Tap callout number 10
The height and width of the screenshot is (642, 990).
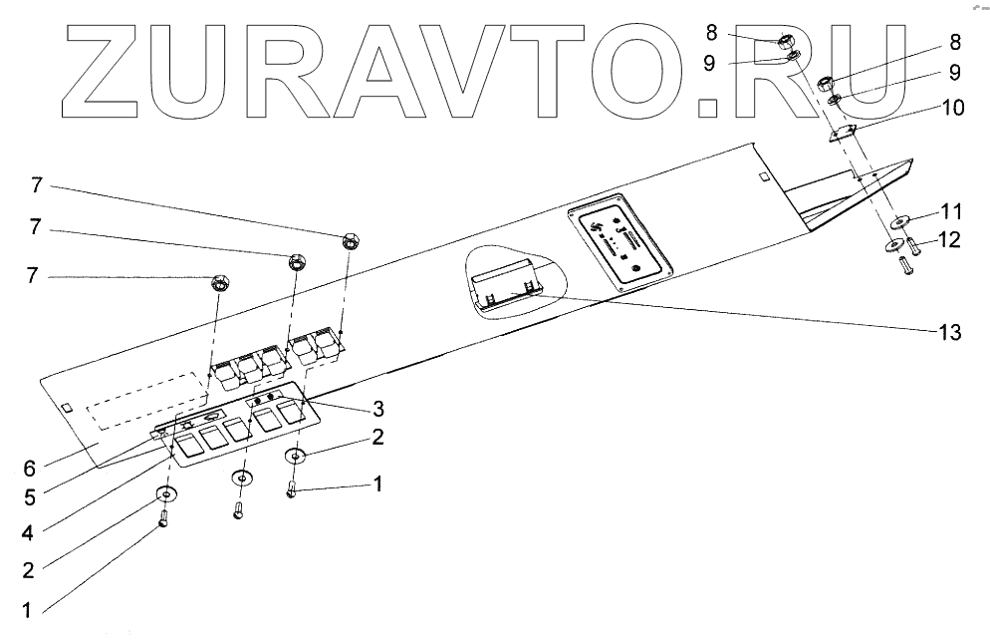click(x=953, y=108)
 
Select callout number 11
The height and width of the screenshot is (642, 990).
click(x=953, y=212)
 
